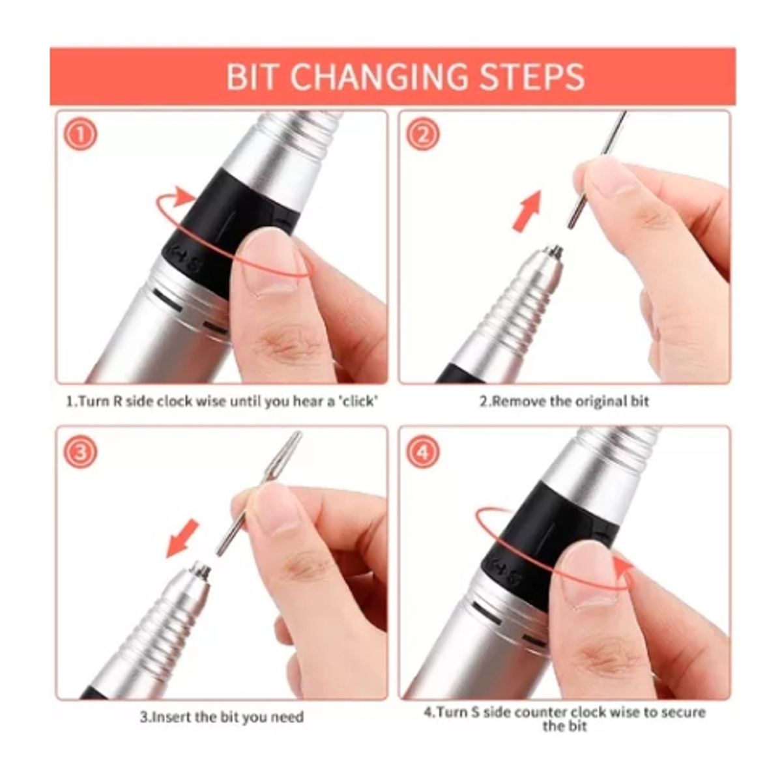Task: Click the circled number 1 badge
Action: [80, 136]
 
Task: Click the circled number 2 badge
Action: [423, 136]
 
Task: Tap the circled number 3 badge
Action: [80, 452]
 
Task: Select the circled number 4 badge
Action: [423, 452]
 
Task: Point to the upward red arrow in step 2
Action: [528, 210]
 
